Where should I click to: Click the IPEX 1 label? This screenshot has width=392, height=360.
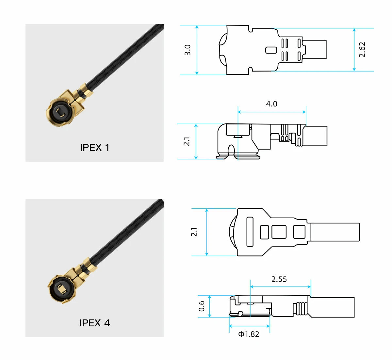tap(95, 148)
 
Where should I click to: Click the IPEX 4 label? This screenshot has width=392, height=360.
tap(95, 323)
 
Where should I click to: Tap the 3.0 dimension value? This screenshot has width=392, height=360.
tap(188, 50)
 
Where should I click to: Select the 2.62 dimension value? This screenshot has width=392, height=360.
tap(362, 50)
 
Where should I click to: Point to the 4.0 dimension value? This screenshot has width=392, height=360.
tap(271, 104)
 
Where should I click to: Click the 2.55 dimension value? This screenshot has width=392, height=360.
tap(279, 279)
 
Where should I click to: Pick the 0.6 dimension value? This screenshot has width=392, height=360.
tap(202, 306)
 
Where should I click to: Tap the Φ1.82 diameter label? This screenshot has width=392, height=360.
tap(249, 334)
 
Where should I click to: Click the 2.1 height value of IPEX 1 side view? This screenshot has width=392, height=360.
tap(187, 141)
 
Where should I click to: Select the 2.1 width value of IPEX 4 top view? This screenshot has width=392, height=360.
tap(194, 232)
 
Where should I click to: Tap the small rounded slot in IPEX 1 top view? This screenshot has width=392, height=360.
tap(271, 50)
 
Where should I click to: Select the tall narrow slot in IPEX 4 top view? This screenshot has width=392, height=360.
tap(250, 232)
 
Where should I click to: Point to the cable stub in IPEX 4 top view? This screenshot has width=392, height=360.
tap(335, 232)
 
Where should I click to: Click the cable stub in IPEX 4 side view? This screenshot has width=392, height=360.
tap(332, 307)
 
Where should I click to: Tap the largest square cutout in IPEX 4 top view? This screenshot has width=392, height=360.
tap(279, 232)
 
